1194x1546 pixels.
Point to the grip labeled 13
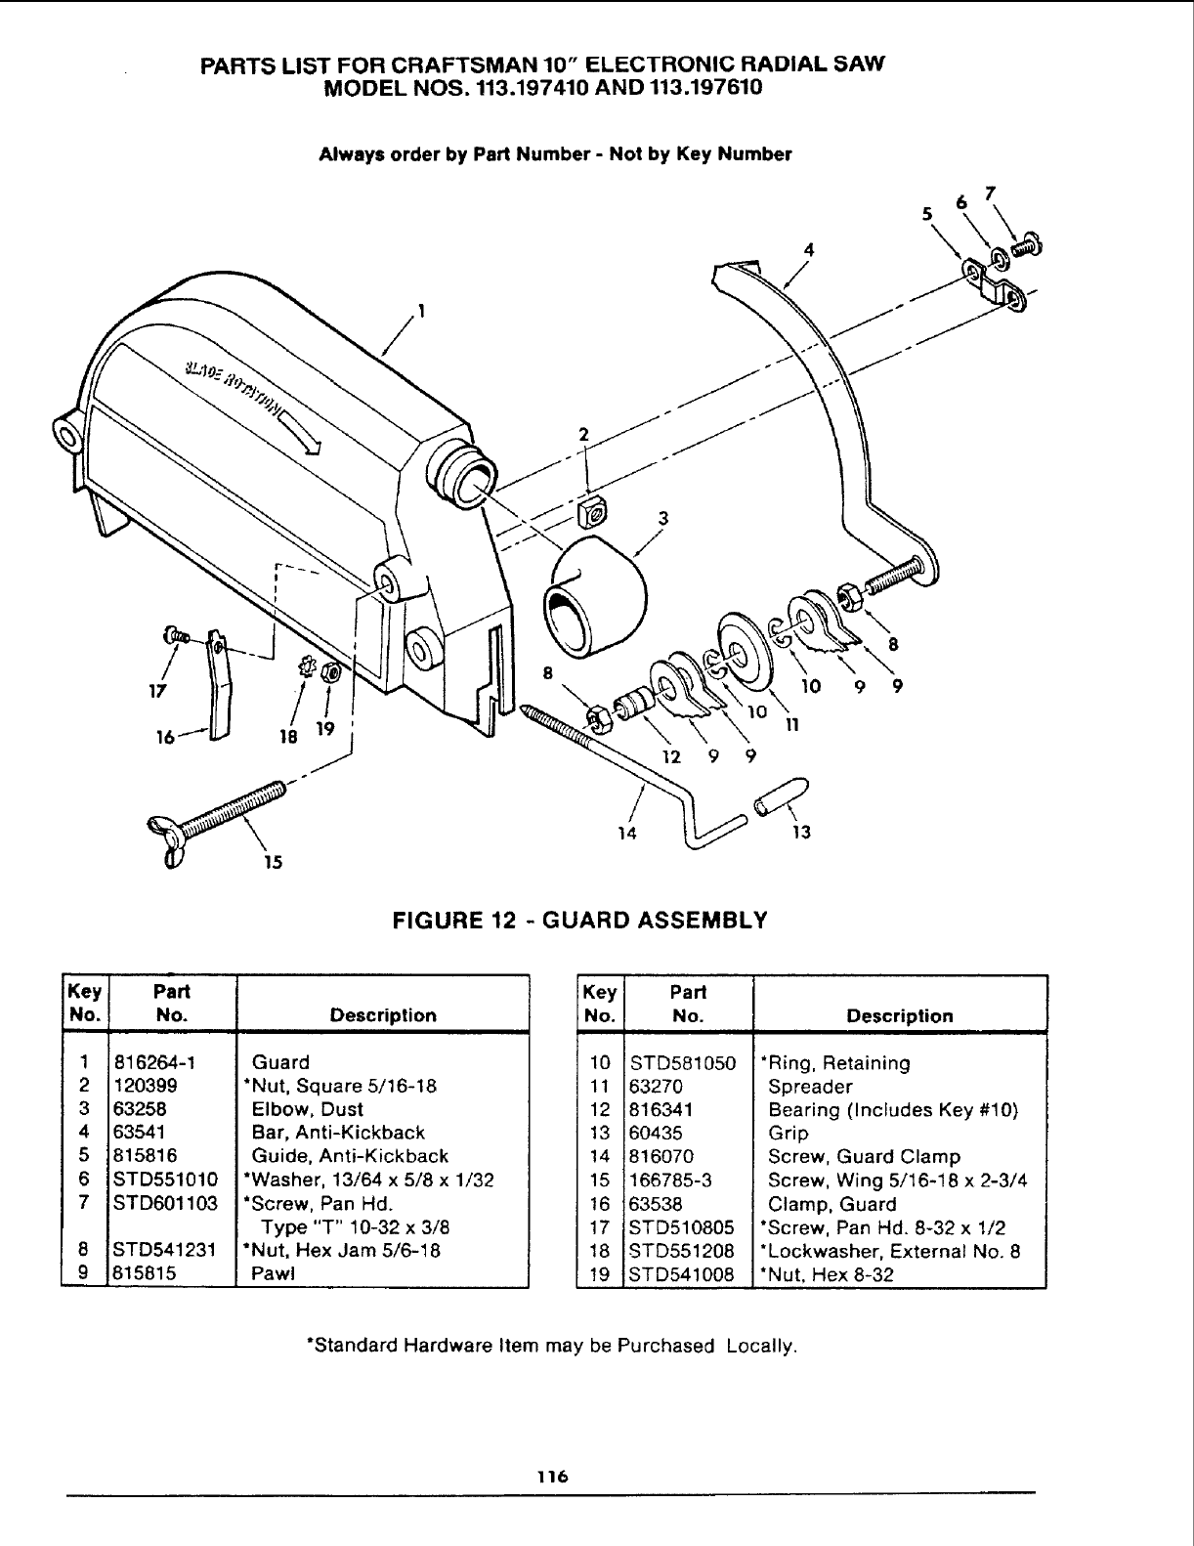[x=780, y=796]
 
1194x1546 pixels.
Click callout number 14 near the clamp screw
[x=627, y=833]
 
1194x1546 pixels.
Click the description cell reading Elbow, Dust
[x=307, y=1109]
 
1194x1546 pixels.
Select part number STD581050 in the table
[x=683, y=1062]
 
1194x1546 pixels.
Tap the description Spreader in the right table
[x=810, y=1086]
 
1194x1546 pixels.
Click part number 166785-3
[x=671, y=1180]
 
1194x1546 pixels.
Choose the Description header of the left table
[x=383, y=1015]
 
